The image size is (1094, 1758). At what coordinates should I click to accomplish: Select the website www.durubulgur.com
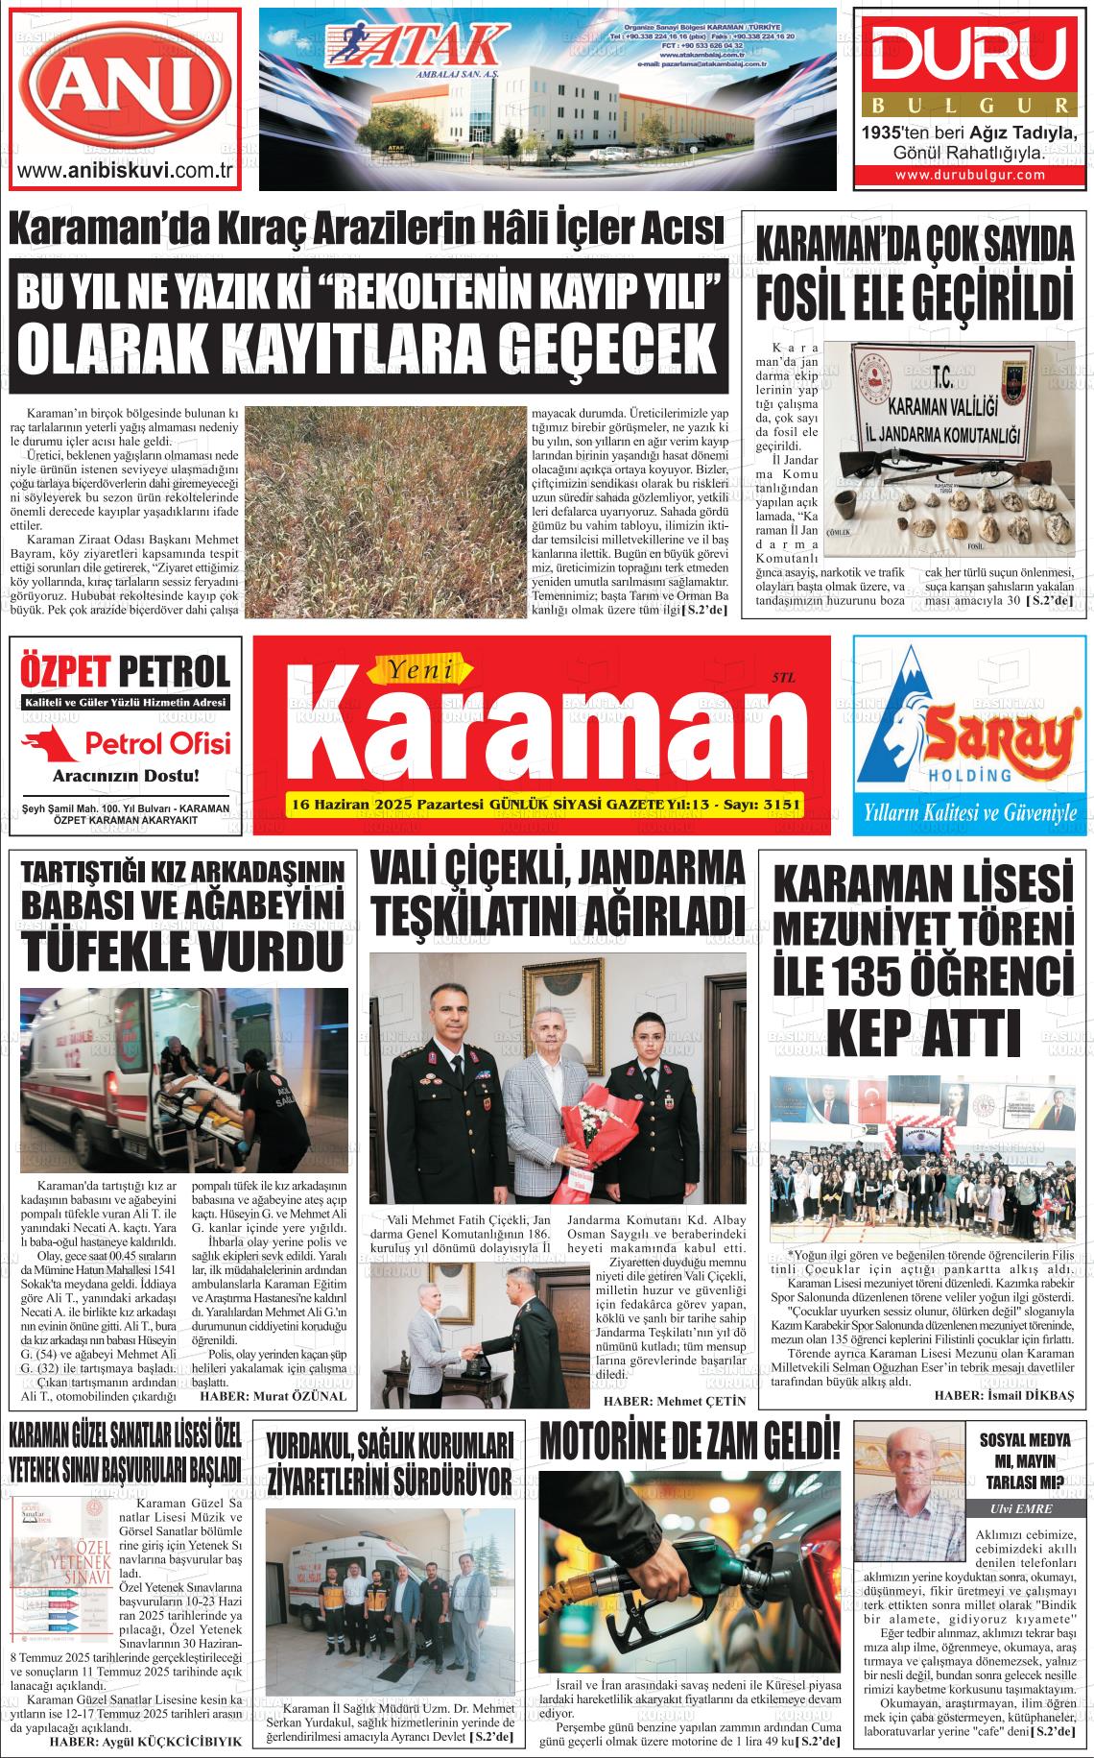pos(970,175)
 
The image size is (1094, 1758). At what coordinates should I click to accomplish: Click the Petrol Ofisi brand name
pos(158,743)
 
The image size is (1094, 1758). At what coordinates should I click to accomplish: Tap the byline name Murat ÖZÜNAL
pos(299,1395)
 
